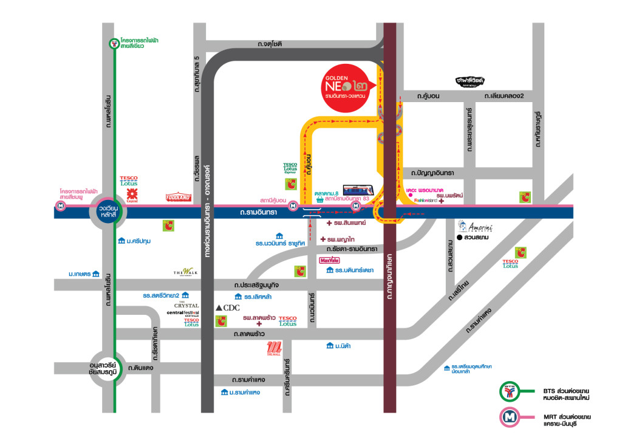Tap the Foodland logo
[x=178, y=197]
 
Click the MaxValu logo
[x=330, y=261]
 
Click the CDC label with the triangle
[x=228, y=308]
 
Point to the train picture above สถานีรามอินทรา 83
[x=358, y=190]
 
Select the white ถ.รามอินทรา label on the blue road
[x=258, y=212]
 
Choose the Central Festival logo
[x=183, y=314]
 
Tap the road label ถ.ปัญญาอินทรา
[x=432, y=173]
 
